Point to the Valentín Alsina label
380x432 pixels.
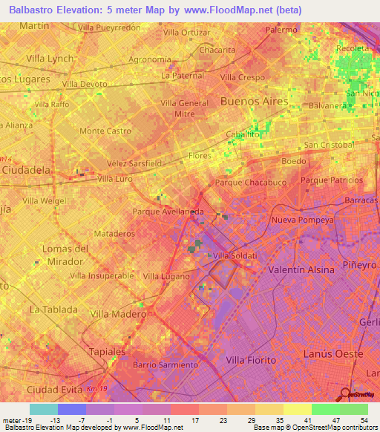[301, 270]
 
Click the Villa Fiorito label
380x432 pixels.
[250, 360]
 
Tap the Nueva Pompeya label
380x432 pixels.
[300, 220]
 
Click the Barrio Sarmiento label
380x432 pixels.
[165, 364]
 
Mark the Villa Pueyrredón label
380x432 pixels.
[109, 27]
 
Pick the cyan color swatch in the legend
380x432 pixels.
[43, 409]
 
